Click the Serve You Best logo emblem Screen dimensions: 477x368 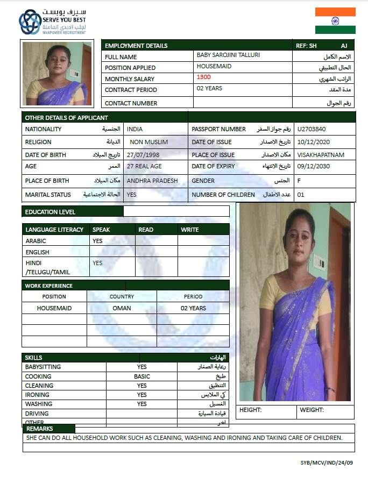click(x=30, y=22)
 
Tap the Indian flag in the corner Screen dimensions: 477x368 click(x=335, y=20)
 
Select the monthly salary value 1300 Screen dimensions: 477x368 click(x=204, y=77)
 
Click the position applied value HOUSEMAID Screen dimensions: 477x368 click(x=214, y=66)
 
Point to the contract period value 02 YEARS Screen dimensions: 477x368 click(x=209, y=88)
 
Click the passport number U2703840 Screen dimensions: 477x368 click(x=312, y=129)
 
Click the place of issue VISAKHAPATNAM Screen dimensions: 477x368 click(x=321, y=155)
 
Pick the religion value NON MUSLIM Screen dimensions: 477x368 click(x=149, y=142)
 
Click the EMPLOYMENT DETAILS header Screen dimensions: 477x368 click(x=136, y=46)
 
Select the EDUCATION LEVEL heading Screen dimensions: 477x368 click(x=50, y=212)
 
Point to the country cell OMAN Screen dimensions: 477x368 click(x=122, y=308)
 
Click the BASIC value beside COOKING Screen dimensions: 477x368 click(x=142, y=376)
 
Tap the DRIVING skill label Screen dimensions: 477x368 click(x=37, y=414)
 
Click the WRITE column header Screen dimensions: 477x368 click(x=190, y=230)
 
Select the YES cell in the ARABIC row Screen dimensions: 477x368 click(x=97, y=241)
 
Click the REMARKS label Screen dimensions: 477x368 click(x=40, y=429)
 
